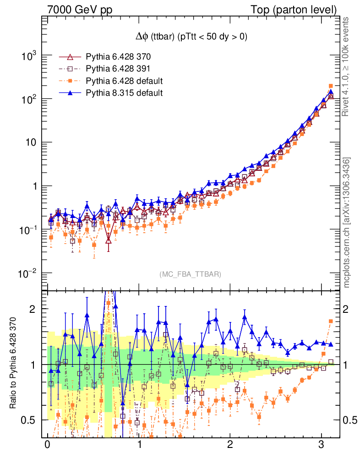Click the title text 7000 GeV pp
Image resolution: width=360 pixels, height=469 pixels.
pyautogui.click(x=80, y=10)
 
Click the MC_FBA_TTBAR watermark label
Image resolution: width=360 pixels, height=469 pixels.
pyautogui.click(x=191, y=274)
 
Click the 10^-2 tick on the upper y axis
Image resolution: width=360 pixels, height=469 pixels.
pyautogui.click(x=27, y=273)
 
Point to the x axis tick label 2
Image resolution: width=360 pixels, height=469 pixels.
pyautogui.click(x=230, y=445)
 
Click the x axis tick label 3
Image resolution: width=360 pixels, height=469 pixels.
pyautogui.click(x=322, y=445)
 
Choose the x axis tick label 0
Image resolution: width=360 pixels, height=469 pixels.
pyautogui.click(x=47, y=445)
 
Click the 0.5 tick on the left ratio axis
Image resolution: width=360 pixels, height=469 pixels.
pyautogui.click(x=30, y=420)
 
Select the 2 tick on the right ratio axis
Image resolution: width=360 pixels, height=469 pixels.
pyautogui.click(x=348, y=309)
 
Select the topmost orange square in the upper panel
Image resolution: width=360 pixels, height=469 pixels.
pyautogui.click(x=331, y=86)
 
